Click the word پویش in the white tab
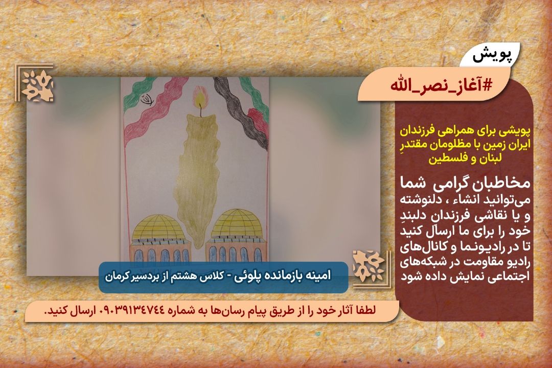point(491,56)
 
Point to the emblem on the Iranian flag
point(147,100)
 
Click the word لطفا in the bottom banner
point(366,311)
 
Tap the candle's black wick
point(201,110)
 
